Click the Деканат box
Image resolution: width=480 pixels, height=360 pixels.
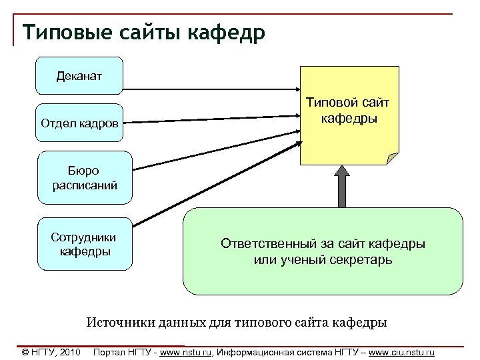[x=79, y=75]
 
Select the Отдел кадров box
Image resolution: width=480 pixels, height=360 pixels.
[x=80, y=123]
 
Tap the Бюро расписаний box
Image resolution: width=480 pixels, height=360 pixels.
[x=85, y=178]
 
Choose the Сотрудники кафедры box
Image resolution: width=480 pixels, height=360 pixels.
[x=85, y=244]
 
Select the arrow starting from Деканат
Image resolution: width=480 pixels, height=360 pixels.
[x=213, y=89]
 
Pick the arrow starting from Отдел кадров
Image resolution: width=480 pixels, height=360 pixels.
[x=213, y=118]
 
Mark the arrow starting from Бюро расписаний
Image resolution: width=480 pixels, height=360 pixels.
[x=213, y=146]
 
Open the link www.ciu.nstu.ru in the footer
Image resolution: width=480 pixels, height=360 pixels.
[x=401, y=351]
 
